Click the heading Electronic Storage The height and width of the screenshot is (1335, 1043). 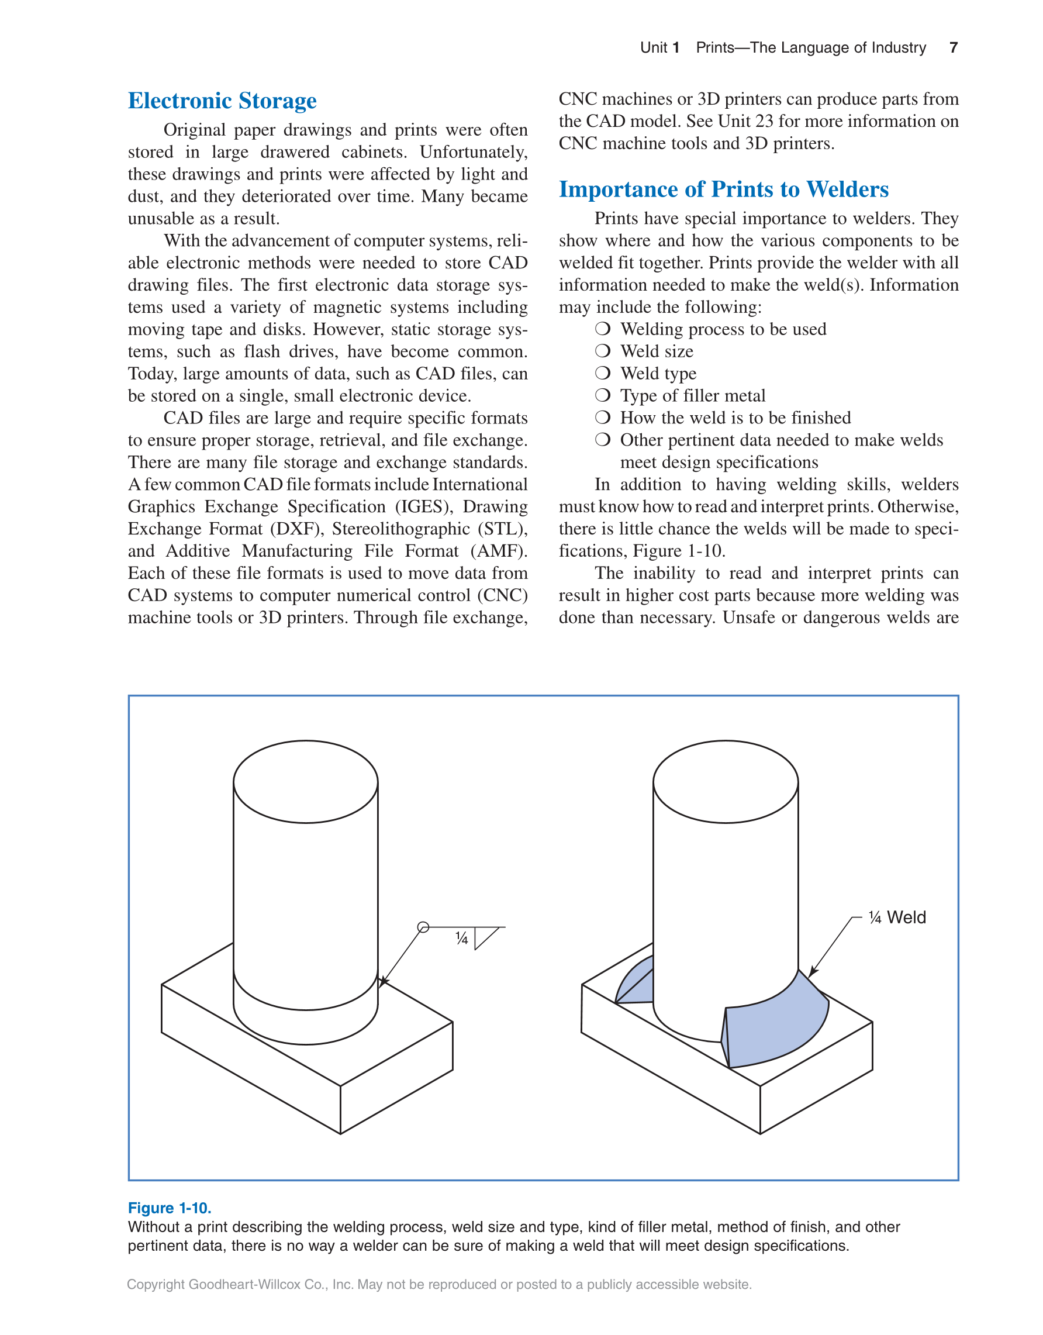click(x=222, y=101)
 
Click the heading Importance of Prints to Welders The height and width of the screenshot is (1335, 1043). click(x=723, y=189)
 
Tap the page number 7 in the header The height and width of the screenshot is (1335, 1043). click(x=953, y=48)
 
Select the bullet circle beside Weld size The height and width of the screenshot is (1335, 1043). click(x=602, y=351)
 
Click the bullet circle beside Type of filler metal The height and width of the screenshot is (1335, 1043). click(x=602, y=395)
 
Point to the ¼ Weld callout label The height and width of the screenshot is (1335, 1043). click(x=896, y=917)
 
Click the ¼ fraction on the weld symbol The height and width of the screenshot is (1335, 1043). click(x=462, y=939)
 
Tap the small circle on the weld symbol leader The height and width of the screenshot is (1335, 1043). click(x=423, y=927)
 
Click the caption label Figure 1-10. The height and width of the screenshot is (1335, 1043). click(x=169, y=1208)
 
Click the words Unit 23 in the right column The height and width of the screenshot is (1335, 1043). click(x=745, y=121)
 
